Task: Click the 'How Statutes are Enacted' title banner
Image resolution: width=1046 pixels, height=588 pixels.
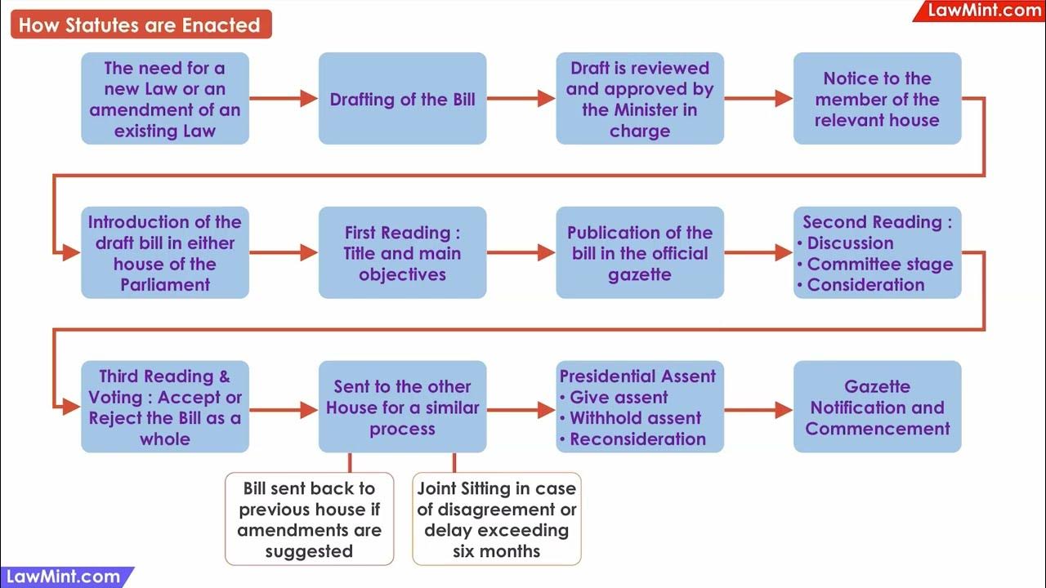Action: coord(140,24)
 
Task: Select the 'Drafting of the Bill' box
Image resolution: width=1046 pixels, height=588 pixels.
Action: coord(402,100)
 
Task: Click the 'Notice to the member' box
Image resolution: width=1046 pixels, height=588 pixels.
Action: coord(877,100)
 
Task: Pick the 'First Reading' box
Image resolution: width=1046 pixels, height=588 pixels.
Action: coord(402,253)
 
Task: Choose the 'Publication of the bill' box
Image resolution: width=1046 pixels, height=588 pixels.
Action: coord(640,253)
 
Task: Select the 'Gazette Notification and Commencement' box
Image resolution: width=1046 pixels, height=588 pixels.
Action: coord(877,408)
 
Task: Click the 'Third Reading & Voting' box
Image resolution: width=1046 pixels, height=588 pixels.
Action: coord(165,408)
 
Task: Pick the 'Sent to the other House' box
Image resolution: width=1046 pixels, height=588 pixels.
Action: coord(402,408)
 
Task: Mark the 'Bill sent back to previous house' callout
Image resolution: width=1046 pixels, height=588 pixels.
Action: coord(309,519)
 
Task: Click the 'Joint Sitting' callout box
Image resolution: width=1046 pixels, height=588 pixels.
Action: coord(496,519)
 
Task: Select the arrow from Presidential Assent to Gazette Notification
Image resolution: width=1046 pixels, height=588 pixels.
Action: coord(758,409)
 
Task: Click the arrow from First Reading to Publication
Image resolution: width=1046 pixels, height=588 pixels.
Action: coord(521,253)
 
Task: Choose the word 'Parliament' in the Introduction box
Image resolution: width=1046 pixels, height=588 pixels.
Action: coord(165,285)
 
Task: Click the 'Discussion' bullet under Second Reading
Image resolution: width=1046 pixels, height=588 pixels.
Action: coord(850,243)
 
